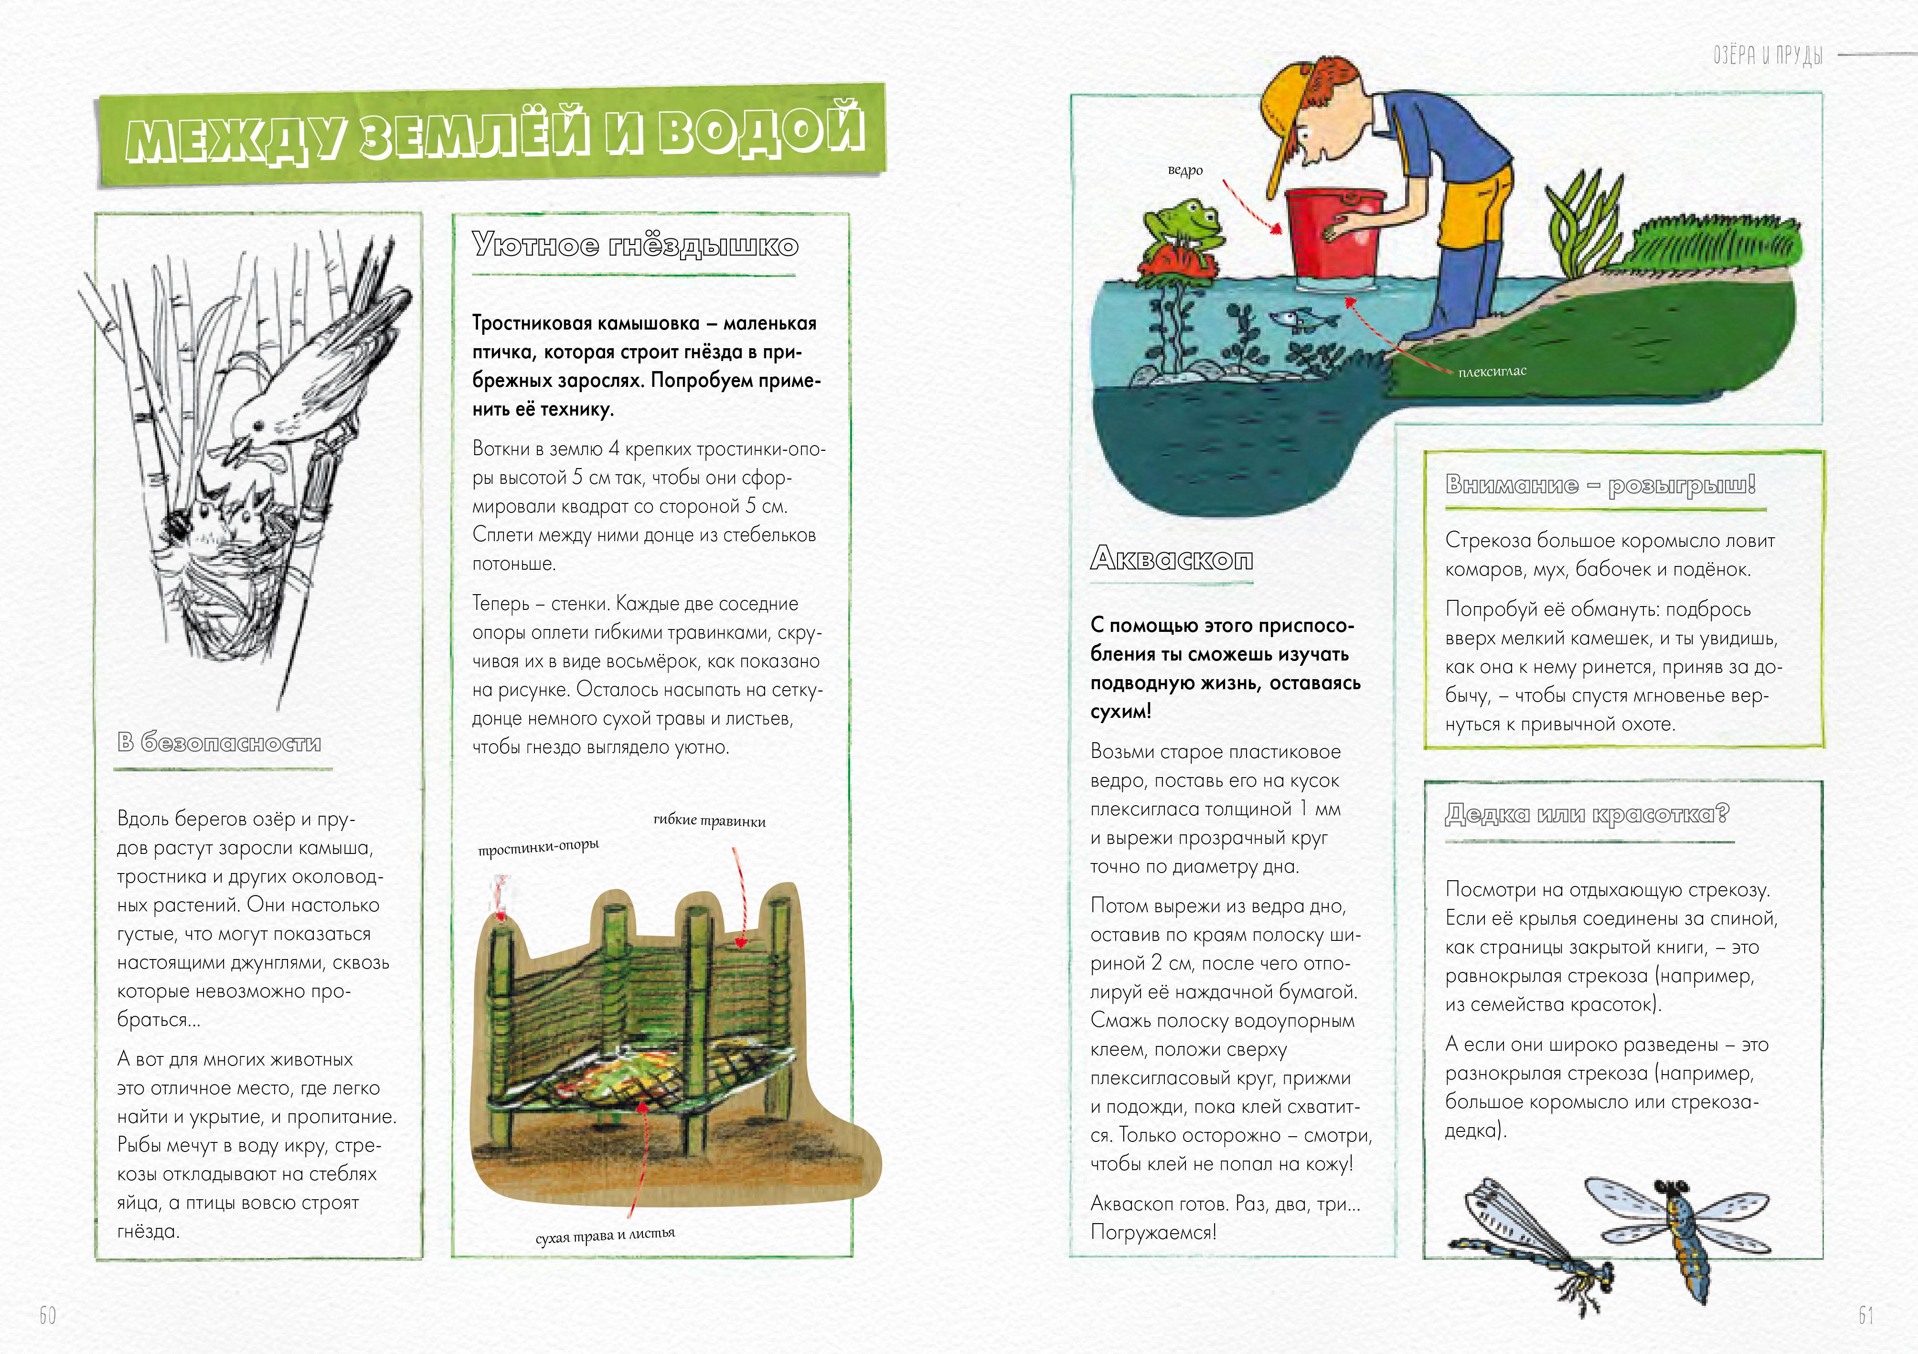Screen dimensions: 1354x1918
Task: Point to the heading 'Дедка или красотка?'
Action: pos(1587,814)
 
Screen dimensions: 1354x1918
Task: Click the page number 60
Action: pos(48,1316)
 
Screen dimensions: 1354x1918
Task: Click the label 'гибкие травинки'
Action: pos(709,821)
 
